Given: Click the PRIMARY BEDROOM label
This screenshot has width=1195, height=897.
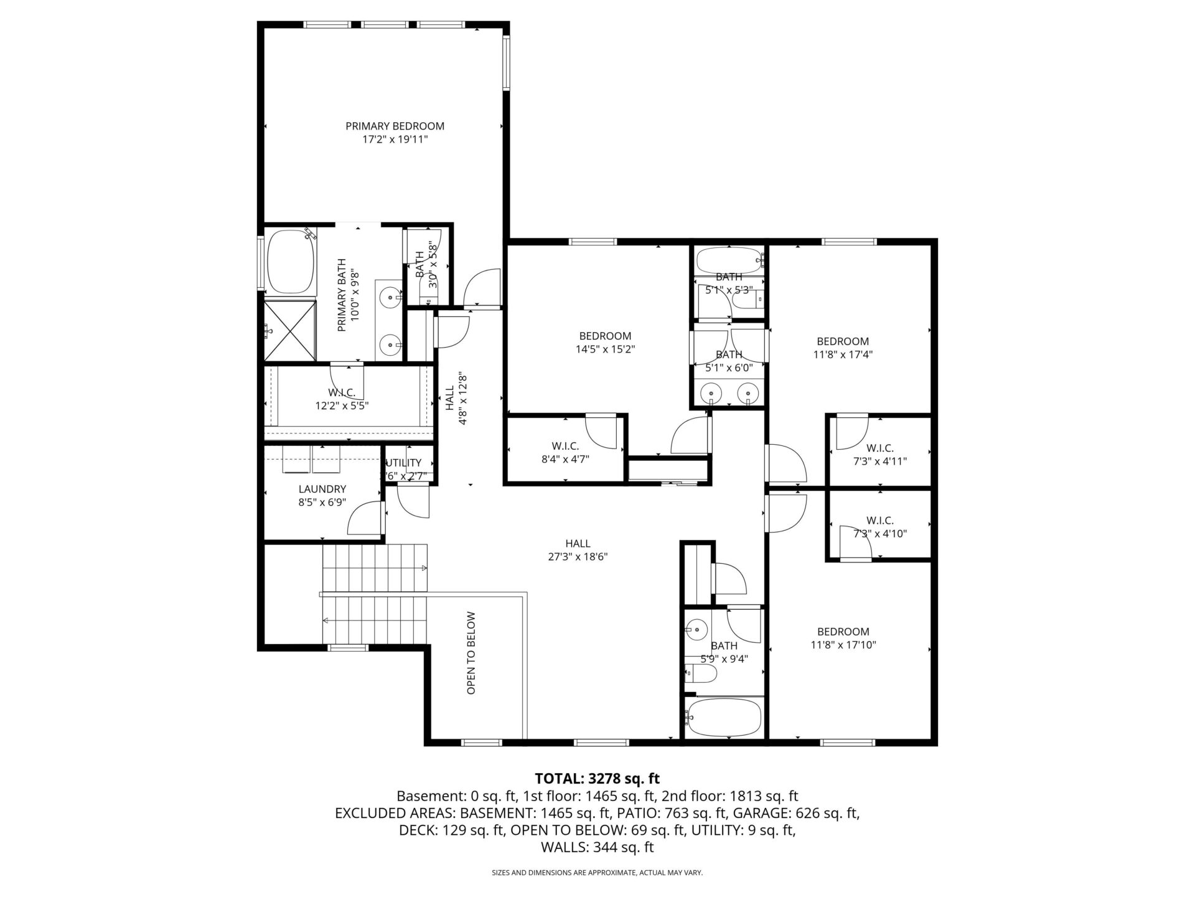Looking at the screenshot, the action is coord(395,126).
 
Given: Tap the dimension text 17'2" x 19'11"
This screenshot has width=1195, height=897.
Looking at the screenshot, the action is coord(395,140).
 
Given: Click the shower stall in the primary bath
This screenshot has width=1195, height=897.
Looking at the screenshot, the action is coord(291,330).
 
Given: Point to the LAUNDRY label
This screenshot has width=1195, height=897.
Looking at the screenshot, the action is coord(322,490).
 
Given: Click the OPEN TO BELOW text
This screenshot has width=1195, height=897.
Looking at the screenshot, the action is coord(471,653).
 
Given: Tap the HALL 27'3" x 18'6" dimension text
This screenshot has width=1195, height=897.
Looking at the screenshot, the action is coord(578,557).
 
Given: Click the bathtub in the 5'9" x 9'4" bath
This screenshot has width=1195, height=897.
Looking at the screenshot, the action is coord(723,718).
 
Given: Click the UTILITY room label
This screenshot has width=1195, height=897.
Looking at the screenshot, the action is coord(404,463).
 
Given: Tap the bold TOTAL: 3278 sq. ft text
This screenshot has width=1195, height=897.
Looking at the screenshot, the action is coord(597,779).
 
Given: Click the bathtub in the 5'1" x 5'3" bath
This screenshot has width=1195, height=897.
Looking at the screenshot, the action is coord(729,260).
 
